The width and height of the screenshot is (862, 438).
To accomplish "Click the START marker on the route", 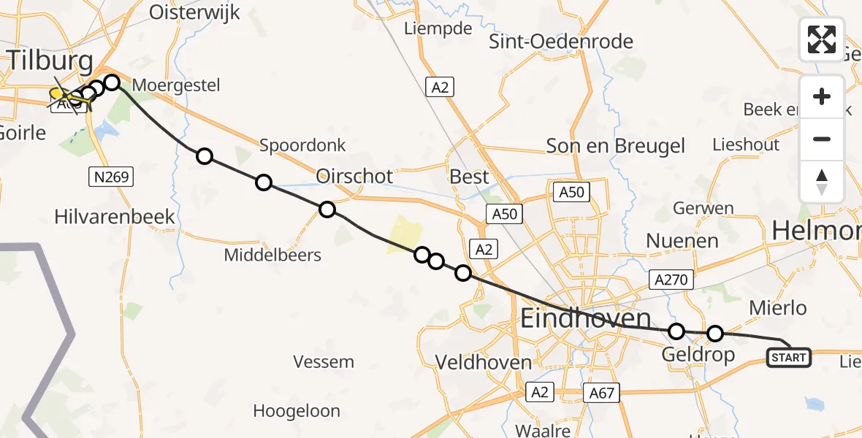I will (789, 357).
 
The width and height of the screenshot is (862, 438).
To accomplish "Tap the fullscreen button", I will (822, 39).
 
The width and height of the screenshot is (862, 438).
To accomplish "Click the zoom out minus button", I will (822, 139).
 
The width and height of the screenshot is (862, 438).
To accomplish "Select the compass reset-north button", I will (822, 182).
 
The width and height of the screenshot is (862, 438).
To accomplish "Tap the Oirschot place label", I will (354, 177).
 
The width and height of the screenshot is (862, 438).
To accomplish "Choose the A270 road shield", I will (671, 278).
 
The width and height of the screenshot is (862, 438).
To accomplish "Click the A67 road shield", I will (602, 393).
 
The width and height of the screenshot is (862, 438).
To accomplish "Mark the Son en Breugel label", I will (616, 146).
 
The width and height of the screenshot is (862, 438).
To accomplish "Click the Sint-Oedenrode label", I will (560, 42).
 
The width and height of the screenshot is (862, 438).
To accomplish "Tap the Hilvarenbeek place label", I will (115, 217).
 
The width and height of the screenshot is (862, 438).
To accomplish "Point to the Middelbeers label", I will (272, 255).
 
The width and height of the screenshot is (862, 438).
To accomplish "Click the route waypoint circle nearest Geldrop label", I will (676, 331).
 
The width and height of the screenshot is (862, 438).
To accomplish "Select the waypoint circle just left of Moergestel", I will (112, 82).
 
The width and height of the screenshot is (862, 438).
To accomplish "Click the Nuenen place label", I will (682, 240).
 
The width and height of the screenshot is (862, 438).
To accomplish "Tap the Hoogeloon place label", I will (297, 411).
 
